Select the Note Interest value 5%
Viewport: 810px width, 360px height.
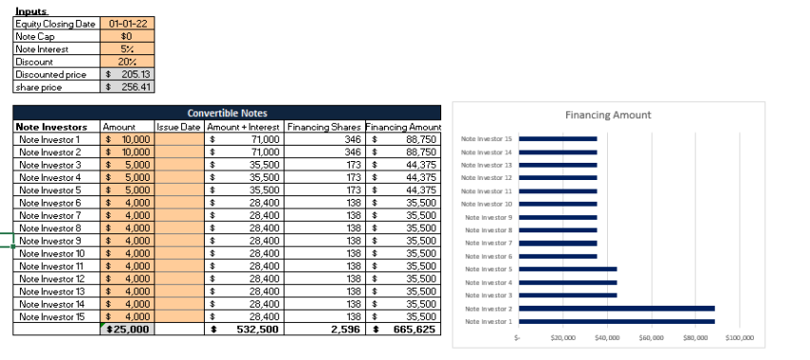point(128,48)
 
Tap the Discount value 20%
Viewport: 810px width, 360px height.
point(128,61)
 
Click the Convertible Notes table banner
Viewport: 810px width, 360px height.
point(228,112)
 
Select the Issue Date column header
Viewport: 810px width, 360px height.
point(178,127)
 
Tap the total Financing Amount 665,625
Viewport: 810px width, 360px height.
point(404,330)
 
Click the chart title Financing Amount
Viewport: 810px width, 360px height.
point(607,115)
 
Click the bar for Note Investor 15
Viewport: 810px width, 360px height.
point(557,139)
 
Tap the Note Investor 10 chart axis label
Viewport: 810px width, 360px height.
point(486,204)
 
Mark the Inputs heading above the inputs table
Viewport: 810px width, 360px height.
point(31,10)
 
